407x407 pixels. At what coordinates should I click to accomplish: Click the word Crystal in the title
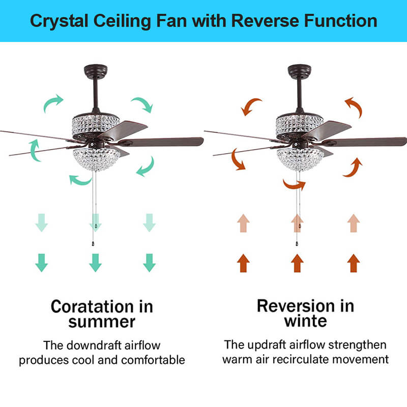click(x=59, y=21)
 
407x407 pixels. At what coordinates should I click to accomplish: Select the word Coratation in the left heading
click(x=92, y=307)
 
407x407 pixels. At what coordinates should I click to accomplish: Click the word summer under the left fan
click(x=102, y=322)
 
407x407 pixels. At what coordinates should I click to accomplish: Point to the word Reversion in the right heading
click(x=296, y=306)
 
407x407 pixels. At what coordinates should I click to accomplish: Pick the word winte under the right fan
click(x=306, y=321)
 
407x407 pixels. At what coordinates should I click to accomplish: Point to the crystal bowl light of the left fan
click(x=96, y=159)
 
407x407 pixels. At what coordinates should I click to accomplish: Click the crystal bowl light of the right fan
click(x=300, y=159)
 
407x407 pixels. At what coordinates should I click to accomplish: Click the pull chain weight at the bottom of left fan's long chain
click(x=93, y=244)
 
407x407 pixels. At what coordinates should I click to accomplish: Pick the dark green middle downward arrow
click(x=95, y=263)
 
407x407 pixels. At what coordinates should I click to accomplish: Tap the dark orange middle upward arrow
click(x=297, y=263)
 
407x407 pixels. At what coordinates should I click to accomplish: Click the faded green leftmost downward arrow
click(x=42, y=222)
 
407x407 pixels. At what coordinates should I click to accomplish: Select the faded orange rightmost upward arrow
click(x=354, y=223)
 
